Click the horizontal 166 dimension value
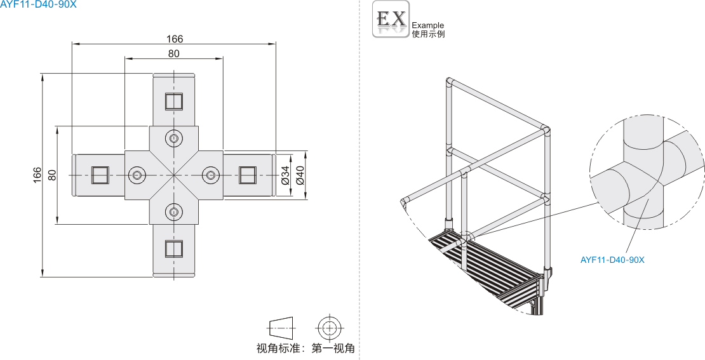pos(174,39)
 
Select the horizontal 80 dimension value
pos(174,54)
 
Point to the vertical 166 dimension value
pos(37,175)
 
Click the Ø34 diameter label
pos(285,175)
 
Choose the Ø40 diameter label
pos(300,175)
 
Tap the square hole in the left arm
pos(100,175)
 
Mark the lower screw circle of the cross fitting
pos(173,211)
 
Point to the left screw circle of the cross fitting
pos(137,175)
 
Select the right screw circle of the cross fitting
pos(211,175)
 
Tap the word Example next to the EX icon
pos(428,25)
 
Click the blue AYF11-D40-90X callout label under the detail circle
pos(612,260)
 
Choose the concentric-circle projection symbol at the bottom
pos(329,328)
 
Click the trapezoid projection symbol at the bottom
pos(282,328)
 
